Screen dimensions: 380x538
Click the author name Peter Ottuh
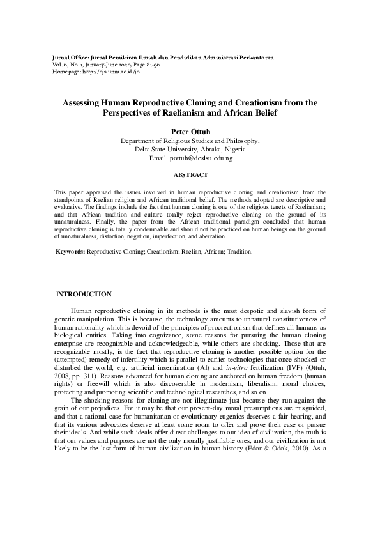click(190, 132)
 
